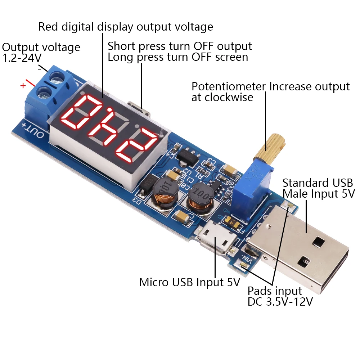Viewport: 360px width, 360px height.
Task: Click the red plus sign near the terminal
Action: [x=23, y=86]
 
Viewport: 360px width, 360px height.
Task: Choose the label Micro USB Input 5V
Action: [x=189, y=282]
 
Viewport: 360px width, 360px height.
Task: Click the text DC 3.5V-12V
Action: [x=279, y=302]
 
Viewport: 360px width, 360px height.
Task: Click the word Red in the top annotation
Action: [x=49, y=27]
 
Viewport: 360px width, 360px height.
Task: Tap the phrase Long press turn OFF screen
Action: [x=178, y=57]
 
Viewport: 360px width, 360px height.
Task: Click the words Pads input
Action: [x=275, y=291]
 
